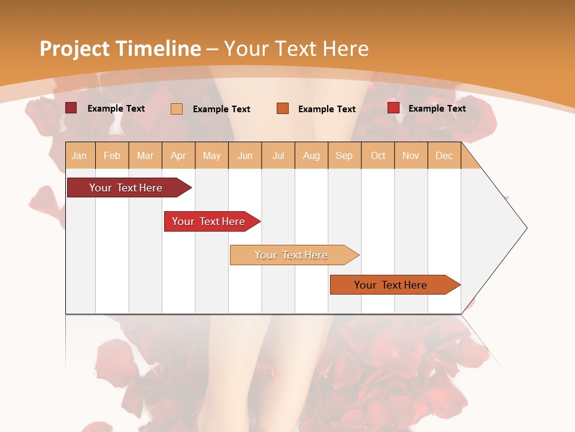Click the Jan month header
(79, 156)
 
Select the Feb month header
(112, 156)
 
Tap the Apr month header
(178, 156)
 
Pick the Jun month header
(245, 156)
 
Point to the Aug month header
(311, 156)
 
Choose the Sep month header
(344, 156)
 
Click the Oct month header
(378, 156)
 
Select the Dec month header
(444, 156)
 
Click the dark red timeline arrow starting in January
(126, 188)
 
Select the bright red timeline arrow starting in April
(209, 221)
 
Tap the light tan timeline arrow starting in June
(292, 255)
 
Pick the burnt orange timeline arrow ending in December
(391, 285)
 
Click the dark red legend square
(71, 108)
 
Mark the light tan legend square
(177, 109)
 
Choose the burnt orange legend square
(283, 109)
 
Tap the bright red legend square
(394, 108)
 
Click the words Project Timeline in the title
(120, 49)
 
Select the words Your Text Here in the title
(296, 49)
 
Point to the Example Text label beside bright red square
(437, 109)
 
